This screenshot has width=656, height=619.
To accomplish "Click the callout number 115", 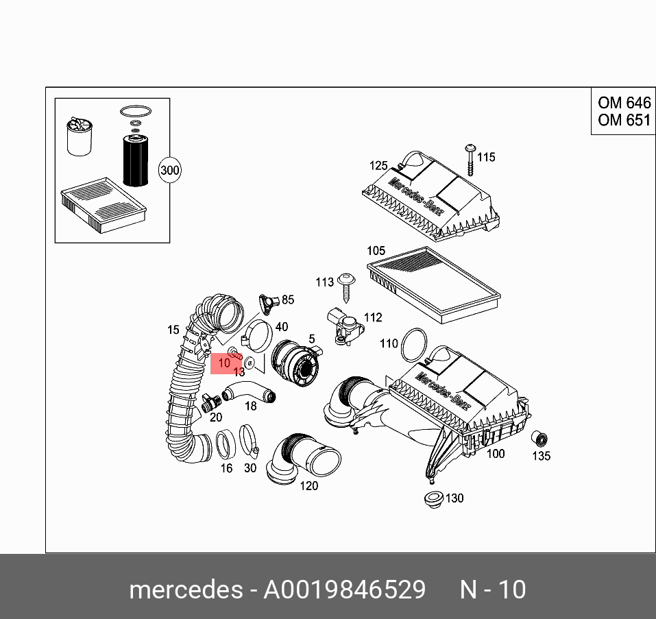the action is pyautogui.click(x=486, y=158).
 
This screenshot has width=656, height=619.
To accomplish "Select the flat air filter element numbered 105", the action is pyautogui.click(x=433, y=282).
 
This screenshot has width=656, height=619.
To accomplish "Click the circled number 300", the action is pyautogui.click(x=169, y=170).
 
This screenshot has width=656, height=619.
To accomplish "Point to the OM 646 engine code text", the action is pyautogui.click(x=623, y=104).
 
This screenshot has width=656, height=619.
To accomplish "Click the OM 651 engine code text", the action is pyautogui.click(x=623, y=120).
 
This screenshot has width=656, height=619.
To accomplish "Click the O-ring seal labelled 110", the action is pyautogui.click(x=413, y=344).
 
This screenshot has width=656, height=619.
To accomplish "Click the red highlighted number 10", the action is pyautogui.click(x=224, y=363).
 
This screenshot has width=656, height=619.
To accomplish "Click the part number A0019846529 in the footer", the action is pyautogui.click(x=344, y=590).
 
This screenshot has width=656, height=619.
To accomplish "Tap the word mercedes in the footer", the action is pyautogui.click(x=184, y=590).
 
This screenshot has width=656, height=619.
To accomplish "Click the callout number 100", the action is pyautogui.click(x=495, y=453).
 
